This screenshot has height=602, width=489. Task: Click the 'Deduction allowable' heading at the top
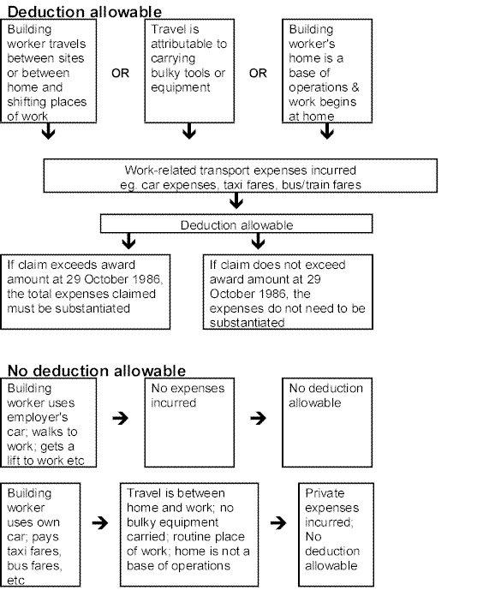(85, 11)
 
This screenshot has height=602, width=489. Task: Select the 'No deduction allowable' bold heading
(96, 371)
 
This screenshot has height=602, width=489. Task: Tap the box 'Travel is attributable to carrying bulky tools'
(189, 71)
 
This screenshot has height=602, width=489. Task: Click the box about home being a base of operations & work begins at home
(327, 71)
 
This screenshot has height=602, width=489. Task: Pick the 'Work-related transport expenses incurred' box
(241, 176)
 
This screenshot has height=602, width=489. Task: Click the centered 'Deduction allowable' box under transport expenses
(236, 224)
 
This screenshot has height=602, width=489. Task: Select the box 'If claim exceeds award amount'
(85, 292)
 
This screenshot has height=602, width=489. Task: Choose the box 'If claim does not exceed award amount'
(288, 292)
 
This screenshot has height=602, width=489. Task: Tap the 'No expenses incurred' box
(189, 422)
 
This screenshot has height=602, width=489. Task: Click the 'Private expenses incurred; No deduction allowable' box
(336, 534)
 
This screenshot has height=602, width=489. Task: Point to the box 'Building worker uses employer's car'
(48, 422)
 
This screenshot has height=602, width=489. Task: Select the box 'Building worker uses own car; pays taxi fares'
(40, 534)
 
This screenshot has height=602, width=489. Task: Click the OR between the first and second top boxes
(120, 73)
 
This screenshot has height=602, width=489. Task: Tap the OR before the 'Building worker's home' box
(258, 73)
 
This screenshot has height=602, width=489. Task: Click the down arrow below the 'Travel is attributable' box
(189, 131)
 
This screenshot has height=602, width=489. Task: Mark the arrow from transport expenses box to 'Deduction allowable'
(236, 200)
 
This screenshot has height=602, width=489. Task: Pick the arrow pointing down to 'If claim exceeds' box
(128, 241)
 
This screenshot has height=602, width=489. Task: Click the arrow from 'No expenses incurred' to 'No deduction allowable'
(259, 418)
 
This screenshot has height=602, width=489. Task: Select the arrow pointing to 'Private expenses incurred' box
(278, 522)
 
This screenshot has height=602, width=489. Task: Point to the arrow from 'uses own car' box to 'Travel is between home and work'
(100, 522)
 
